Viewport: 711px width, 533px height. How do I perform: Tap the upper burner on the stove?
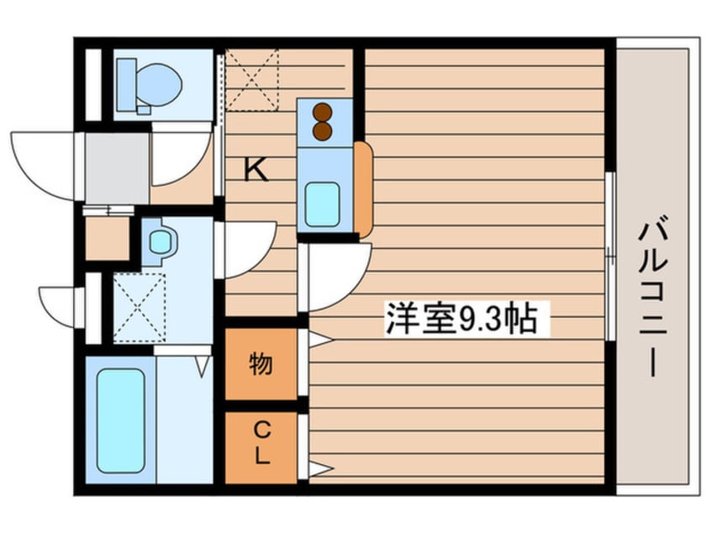tap(322, 111)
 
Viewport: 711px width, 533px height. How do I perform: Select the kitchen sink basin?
tap(322, 203)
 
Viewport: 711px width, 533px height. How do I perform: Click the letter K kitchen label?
tap(255, 172)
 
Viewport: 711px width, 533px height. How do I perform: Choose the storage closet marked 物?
tap(261, 364)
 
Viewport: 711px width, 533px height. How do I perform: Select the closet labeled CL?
tap(261, 446)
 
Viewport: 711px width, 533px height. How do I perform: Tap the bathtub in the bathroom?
tap(120, 420)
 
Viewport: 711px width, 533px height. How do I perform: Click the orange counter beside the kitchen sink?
tap(363, 189)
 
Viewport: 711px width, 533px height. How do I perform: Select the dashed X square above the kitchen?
tap(251, 80)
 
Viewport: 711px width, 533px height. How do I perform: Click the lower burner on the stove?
tap(322, 131)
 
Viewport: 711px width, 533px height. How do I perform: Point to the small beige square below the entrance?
tap(107, 239)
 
